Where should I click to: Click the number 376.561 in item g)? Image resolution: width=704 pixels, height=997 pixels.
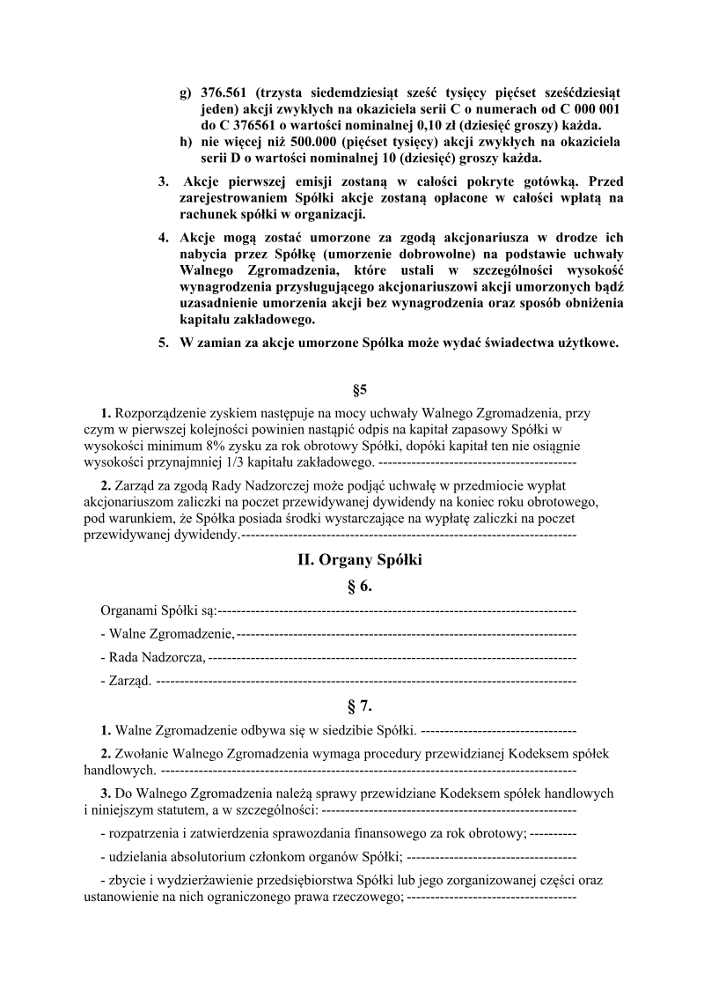[x=224, y=92]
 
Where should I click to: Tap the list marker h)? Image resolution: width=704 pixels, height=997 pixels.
[x=185, y=142]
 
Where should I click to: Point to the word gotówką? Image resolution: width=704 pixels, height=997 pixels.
[x=532, y=181]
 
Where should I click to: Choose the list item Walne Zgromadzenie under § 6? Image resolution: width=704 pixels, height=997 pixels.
[x=168, y=632]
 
